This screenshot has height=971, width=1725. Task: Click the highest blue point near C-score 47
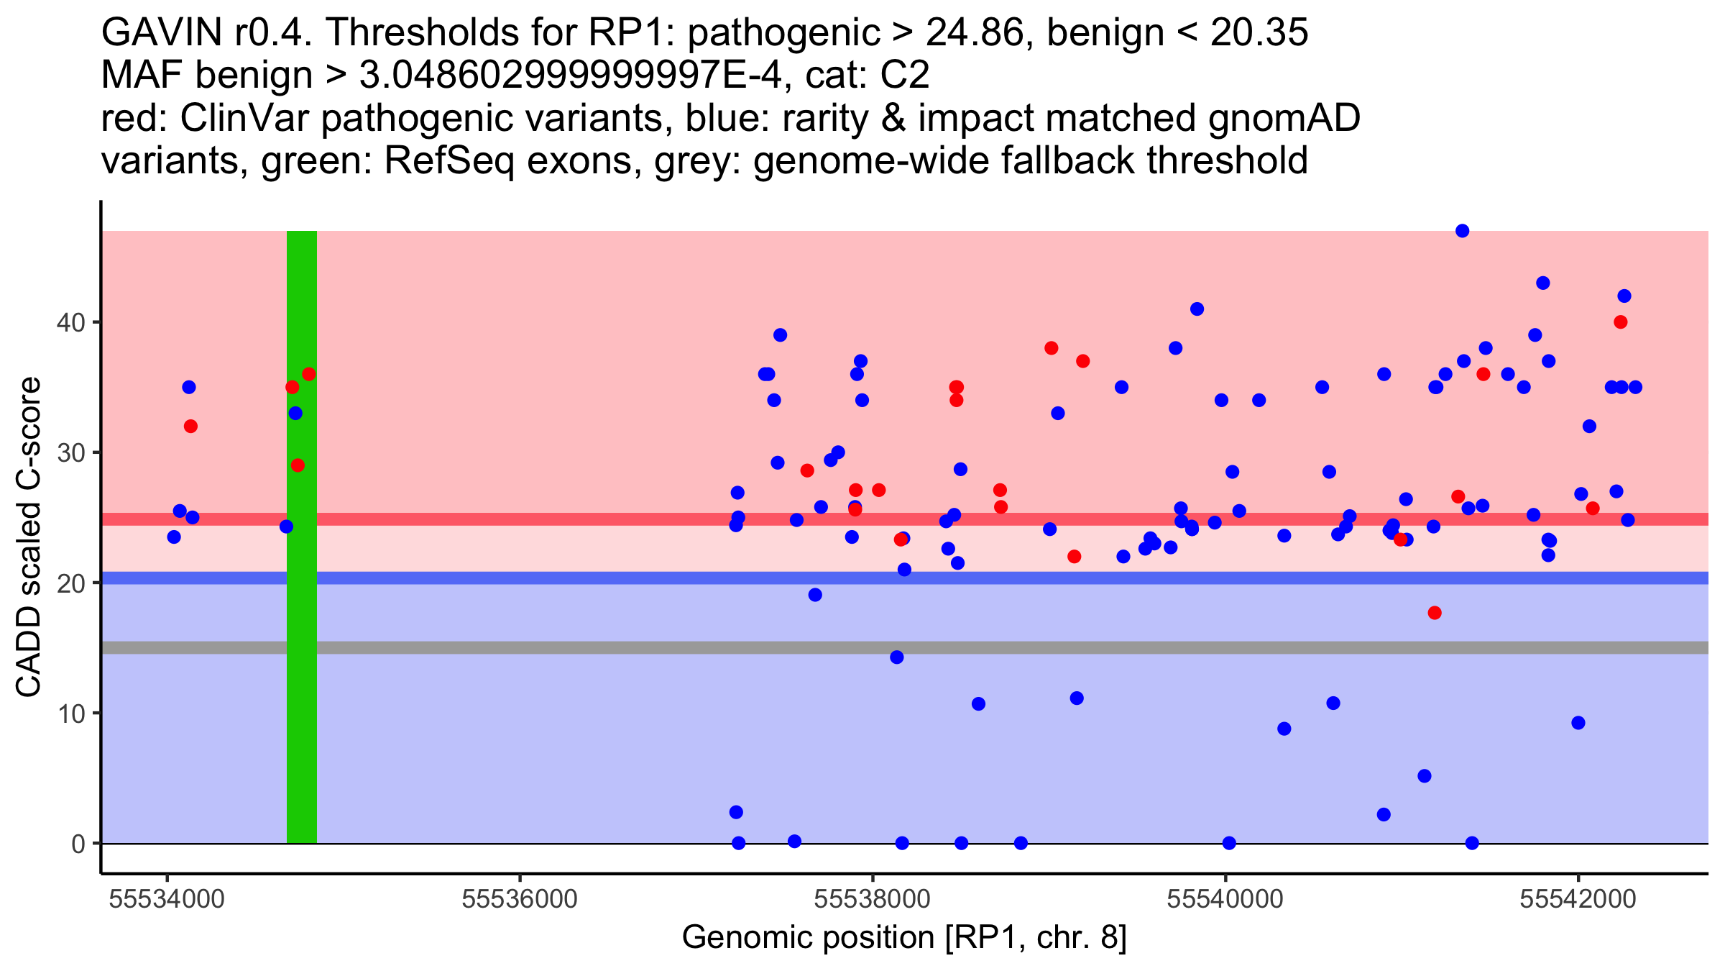pyautogui.click(x=1462, y=231)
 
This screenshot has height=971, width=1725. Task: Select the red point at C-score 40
pyautogui.click(x=1620, y=322)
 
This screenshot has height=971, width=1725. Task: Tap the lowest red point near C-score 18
pyautogui.click(x=1435, y=613)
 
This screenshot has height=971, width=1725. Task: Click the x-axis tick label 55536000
pyautogui.click(x=520, y=900)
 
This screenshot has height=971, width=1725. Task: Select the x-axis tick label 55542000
pyautogui.click(x=1578, y=900)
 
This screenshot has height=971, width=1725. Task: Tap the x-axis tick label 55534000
pyautogui.click(x=167, y=900)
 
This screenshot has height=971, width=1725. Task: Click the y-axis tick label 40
pyautogui.click(x=70, y=322)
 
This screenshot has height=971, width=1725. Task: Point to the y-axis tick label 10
pyautogui.click(x=70, y=714)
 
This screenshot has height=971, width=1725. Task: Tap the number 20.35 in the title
pyautogui.click(x=1259, y=33)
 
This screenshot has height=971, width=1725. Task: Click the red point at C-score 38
pyautogui.click(x=1052, y=348)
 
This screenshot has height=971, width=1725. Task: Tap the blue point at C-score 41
pyautogui.click(x=1197, y=309)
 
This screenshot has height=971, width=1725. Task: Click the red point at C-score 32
pyautogui.click(x=190, y=427)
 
